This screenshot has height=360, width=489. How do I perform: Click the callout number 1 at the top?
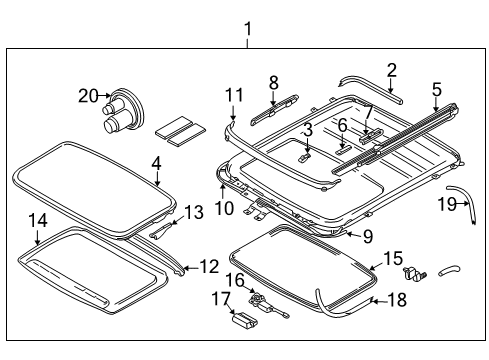(x=247, y=29)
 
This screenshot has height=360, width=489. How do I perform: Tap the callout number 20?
(x=88, y=96)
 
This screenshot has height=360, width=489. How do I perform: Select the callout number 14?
(x=38, y=220)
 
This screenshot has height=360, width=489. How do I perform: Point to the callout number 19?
(x=447, y=203)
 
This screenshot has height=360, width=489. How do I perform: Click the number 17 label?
(x=221, y=299)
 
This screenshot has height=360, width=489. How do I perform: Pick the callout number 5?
(x=437, y=90)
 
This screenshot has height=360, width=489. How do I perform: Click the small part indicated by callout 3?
(x=305, y=157)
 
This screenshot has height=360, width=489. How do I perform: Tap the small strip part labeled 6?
(x=341, y=151)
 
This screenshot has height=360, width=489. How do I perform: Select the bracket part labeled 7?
(x=371, y=135)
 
